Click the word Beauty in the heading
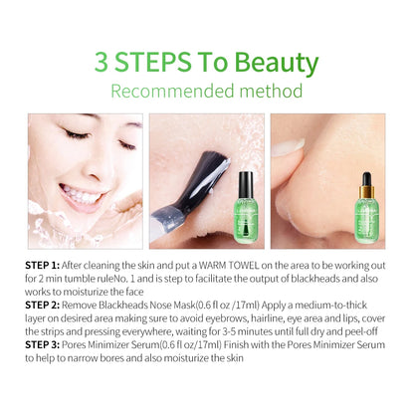[277, 63]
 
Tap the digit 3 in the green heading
[102, 62]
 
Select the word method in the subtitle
[271, 91]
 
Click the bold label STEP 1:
[42, 266]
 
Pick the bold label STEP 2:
[43, 306]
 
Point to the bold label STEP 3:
[43, 345]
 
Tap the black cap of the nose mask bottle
[246, 182]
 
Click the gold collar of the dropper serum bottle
[366, 191]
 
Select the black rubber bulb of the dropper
[366, 179]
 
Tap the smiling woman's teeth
[82, 195]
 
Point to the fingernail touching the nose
[288, 148]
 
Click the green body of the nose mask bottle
[246, 217]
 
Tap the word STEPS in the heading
[153, 62]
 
